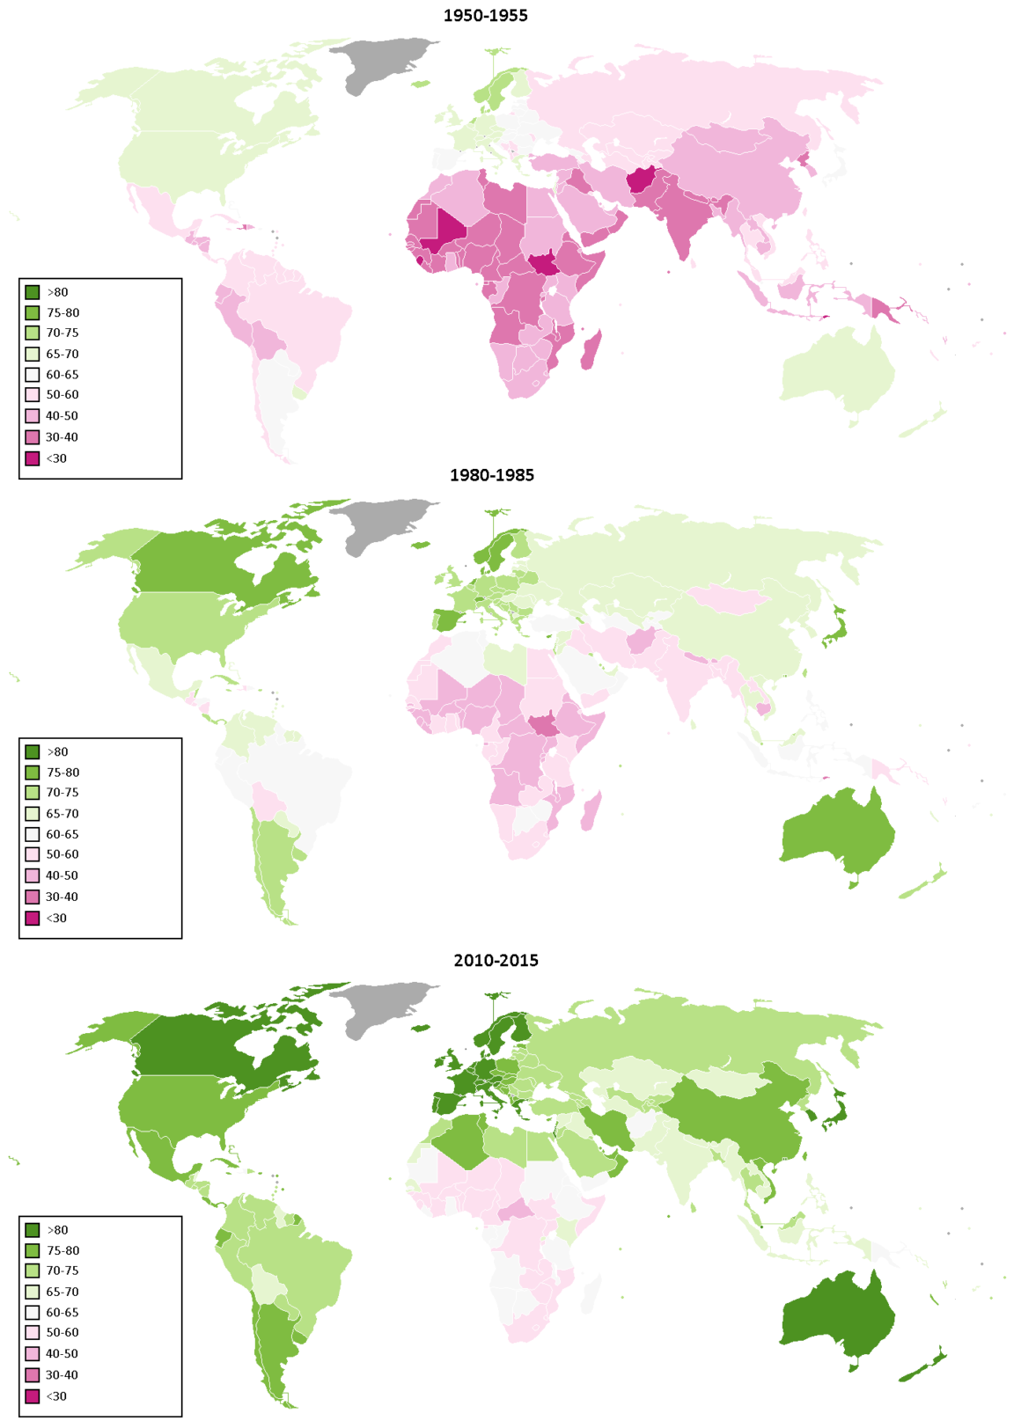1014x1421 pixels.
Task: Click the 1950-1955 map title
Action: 485,15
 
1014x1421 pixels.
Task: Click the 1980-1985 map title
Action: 491,475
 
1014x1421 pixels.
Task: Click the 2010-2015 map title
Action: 496,960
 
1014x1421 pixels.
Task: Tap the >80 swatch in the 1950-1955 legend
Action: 33,292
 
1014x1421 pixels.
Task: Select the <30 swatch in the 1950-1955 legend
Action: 33,458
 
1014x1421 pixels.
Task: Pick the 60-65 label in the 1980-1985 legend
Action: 62,834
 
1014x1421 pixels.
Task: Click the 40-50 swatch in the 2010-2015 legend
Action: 33,1353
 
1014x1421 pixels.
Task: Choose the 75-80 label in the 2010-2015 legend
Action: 62,1250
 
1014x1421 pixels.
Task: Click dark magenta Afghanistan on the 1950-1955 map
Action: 640,180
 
